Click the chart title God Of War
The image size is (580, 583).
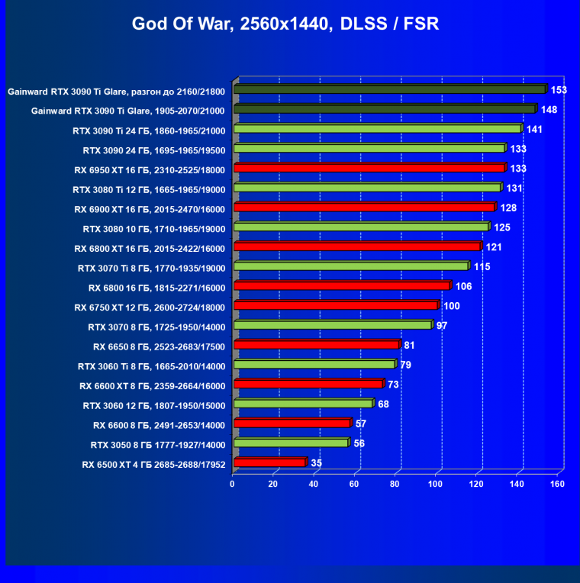coord(285,24)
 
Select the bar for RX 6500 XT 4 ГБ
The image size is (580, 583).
coord(269,462)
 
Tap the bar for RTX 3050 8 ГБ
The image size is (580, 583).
coord(291,443)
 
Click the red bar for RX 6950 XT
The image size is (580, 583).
coord(369,168)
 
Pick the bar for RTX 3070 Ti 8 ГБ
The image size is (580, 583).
coord(351,266)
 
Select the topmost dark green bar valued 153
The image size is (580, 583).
coord(389,90)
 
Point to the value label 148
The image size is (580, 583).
coord(549,110)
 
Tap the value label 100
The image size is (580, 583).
coord(452,306)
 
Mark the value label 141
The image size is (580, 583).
coord(534,129)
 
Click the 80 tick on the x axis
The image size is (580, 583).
coord(395,485)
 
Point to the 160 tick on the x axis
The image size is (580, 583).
coord(557,485)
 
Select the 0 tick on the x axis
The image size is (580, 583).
coord(233,485)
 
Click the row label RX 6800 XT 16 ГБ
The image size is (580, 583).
coord(150,247)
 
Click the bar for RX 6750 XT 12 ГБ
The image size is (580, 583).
coord(336,306)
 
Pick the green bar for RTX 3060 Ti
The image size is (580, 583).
coord(314,365)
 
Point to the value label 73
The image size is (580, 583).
coord(394,385)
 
